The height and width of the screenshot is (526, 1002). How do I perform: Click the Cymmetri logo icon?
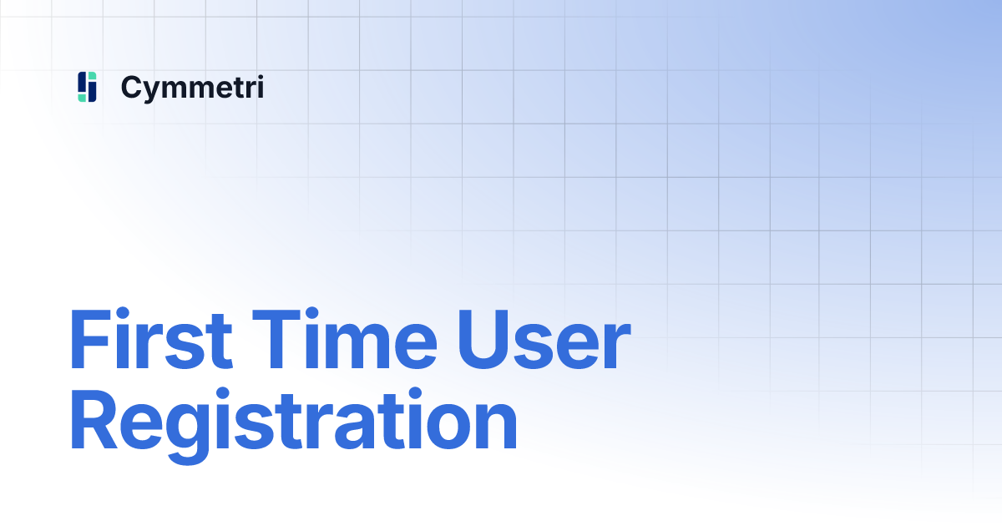pos(88,87)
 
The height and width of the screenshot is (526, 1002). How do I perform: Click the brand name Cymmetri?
pos(192,87)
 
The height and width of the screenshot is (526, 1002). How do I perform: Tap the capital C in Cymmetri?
pos(132,87)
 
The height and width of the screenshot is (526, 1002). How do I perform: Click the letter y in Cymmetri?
pos(153,90)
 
